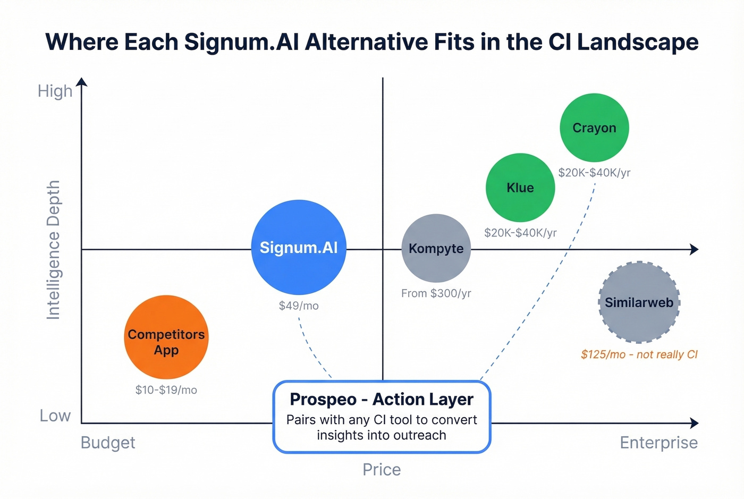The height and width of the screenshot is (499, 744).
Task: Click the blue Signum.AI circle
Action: coord(299,247)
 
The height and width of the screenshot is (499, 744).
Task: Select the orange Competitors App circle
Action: coord(166,337)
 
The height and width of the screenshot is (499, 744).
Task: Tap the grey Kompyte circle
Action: coord(436,248)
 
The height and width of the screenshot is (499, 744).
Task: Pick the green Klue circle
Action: coord(520,188)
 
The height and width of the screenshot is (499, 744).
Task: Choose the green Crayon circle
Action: coord(594,128)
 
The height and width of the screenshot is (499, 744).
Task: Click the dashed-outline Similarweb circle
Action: coord(639,302)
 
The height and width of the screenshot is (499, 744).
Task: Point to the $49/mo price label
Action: coord(299,306)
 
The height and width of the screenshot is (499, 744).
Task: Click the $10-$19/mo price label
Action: coord(166,390)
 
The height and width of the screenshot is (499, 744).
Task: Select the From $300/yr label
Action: coord(436,293)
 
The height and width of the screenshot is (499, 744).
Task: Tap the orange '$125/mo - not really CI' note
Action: coord(639,354)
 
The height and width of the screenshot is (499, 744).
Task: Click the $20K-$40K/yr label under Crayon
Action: coord(594,173)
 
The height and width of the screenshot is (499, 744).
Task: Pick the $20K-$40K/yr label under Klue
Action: coord(520,233)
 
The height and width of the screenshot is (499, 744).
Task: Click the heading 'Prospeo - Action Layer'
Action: coord(382,399)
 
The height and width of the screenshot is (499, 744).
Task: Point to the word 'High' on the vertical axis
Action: coord(55,91)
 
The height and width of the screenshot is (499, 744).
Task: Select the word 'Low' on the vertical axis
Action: coord(55,416)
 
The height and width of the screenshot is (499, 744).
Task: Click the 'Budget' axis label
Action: coord(108,443)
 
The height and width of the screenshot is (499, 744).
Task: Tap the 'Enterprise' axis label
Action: coord(658,443)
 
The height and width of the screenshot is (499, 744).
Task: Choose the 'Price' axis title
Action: coord(382,470)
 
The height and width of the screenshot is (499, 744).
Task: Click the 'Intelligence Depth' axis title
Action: coord(53,250)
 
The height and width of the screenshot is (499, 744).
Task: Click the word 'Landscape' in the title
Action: coord(638,42)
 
